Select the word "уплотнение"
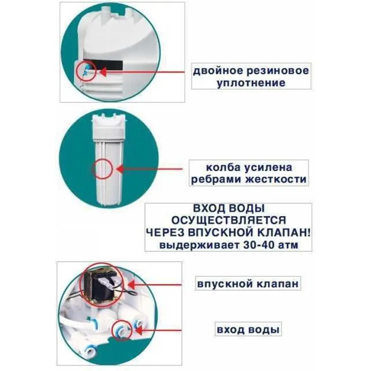pos(251,83)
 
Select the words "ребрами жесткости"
pos(249,180)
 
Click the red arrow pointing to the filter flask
pos(148,169)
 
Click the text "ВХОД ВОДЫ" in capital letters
pos(228,207)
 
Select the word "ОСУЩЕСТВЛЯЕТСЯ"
pos(228,220)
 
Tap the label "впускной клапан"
pos(247,284)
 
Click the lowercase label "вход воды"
pos(248,330)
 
